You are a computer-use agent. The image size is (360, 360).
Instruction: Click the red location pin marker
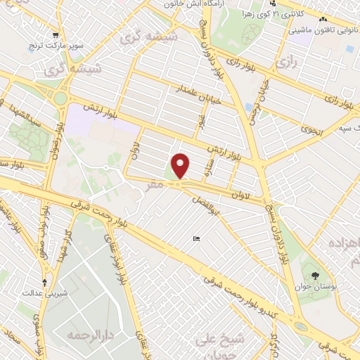(x=181, y=166)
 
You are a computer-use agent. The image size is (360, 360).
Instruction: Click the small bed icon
(x=196, y=239)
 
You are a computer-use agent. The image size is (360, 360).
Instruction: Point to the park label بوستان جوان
(x=313, y=285)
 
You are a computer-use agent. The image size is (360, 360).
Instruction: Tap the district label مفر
(x=155, y=184)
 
